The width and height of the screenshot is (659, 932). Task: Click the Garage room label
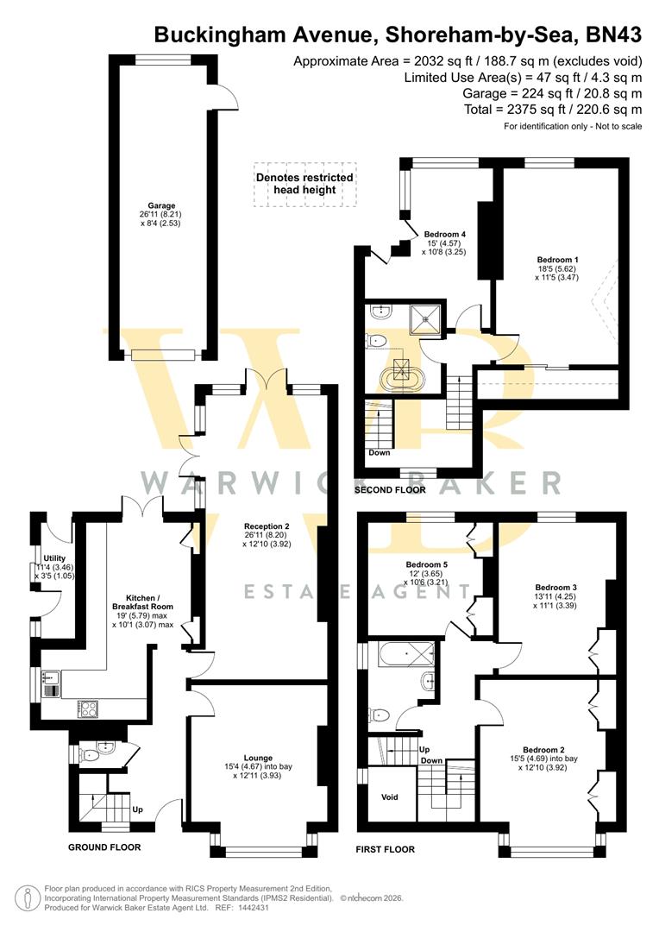[x=161, y=206]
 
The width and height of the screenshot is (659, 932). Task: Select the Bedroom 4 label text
[x=445, y=234]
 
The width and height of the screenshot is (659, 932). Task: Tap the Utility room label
[x=54, y=559]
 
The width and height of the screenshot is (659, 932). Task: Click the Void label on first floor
[x=390, y=797]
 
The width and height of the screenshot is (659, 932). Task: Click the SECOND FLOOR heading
[x=391, y=490]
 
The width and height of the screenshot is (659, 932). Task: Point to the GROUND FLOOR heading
[x=104, y=847]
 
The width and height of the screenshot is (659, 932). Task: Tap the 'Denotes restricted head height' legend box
[x=304, y=184]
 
